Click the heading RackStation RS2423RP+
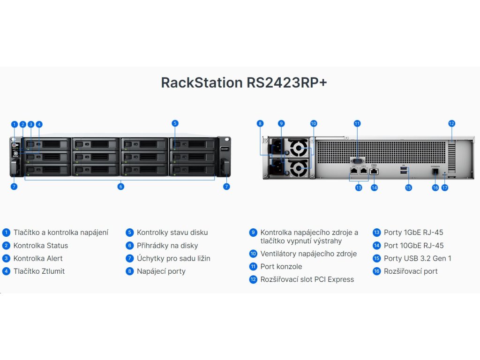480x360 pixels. tap(244, 82)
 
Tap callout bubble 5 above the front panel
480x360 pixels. tap(175, 124)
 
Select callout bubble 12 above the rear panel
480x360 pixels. tap(451, 124)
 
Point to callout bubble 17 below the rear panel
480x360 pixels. tap(445, 187)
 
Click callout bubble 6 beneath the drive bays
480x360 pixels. tap(121, 187)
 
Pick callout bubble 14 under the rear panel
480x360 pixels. tap(374, 187)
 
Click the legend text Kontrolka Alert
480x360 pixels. tap(37, 258)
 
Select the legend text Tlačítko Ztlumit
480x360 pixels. tap(39, 271)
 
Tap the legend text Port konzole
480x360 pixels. tap(281, 266)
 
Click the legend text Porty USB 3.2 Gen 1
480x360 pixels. tap(418, 258)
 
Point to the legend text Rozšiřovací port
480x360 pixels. tap(411, 271)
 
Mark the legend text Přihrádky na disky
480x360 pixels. tap(167, 245)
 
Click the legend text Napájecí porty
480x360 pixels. tap(161, 271)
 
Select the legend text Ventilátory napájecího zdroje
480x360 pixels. tap(308, 254)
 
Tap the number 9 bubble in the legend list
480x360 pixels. tap(253, 232)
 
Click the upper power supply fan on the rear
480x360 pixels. tap(298, 150)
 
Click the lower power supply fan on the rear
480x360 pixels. tap(298, 167)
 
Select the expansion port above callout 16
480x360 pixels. tap(435, 172)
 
